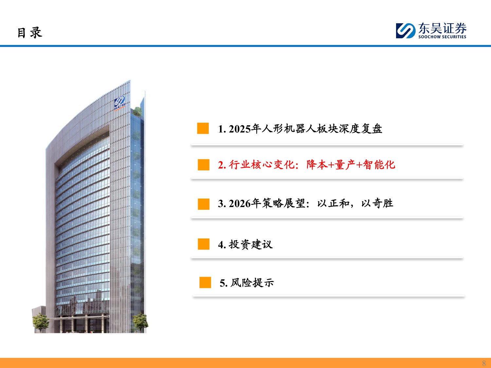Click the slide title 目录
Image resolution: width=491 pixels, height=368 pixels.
(x=30, y=33)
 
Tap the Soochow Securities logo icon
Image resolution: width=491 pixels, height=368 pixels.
(x=406, y=31)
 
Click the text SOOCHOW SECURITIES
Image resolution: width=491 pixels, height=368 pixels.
(x=442, y=37)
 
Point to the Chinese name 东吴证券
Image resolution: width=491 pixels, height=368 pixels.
(x=442, y=28)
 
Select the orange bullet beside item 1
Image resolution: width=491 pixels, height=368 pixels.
(x=203, y=129)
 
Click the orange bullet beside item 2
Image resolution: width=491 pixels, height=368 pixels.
(x=204, y=165)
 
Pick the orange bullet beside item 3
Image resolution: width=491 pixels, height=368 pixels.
(x=204, y=204)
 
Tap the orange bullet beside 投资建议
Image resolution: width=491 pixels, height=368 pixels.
(x=204, y=244)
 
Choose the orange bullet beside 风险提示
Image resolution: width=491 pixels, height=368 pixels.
(x=205, y=283)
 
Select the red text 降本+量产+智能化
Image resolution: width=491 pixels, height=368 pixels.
(x=351, y=165)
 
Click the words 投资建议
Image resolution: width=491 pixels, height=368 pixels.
(x=251, y=244)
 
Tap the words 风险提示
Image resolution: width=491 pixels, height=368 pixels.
(x=252, y=283)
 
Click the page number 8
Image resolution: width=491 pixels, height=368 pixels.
(x=484, y=363)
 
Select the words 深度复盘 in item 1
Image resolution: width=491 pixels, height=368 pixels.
(x=360, y=129)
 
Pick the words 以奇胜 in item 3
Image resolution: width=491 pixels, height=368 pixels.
(x=377, y=203)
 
